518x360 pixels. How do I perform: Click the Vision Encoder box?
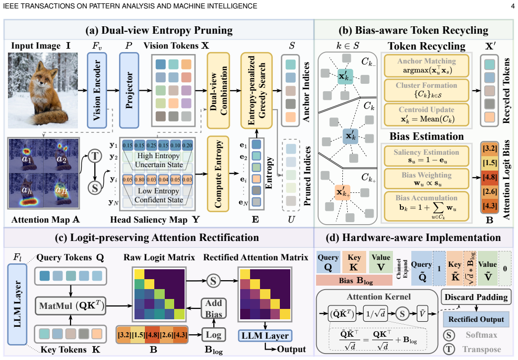[x=97, y=90]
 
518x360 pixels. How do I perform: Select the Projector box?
[x=129, y=90]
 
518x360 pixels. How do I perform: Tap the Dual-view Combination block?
[x=218, y=90]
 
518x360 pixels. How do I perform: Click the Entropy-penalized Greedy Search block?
[x=257, y=90]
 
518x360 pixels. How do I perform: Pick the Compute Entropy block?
[x=218, y=174]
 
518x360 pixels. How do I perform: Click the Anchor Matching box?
[x=427, y=65]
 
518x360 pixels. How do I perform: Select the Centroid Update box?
[x=427, y=114]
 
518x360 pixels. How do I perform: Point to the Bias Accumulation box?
[x=427, y=206]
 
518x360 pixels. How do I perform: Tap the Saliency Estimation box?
[x=427, y=156]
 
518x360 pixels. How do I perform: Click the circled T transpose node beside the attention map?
[x=95, y=156]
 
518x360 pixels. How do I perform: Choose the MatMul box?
[x=70, y=306]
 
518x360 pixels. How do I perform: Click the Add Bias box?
[x=214, y=308]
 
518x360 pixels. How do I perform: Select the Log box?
[x=213, y=335]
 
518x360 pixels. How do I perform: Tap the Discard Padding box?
[x=476, y=297]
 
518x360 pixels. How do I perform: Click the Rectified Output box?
[x=476, y=319]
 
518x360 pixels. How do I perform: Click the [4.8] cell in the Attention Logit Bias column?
[x=490, y=177]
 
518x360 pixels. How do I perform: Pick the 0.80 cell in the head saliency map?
[x=139, y=180]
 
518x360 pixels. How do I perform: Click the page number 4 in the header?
[x=513, y=6]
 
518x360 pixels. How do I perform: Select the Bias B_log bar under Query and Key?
[x=354, y=280]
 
